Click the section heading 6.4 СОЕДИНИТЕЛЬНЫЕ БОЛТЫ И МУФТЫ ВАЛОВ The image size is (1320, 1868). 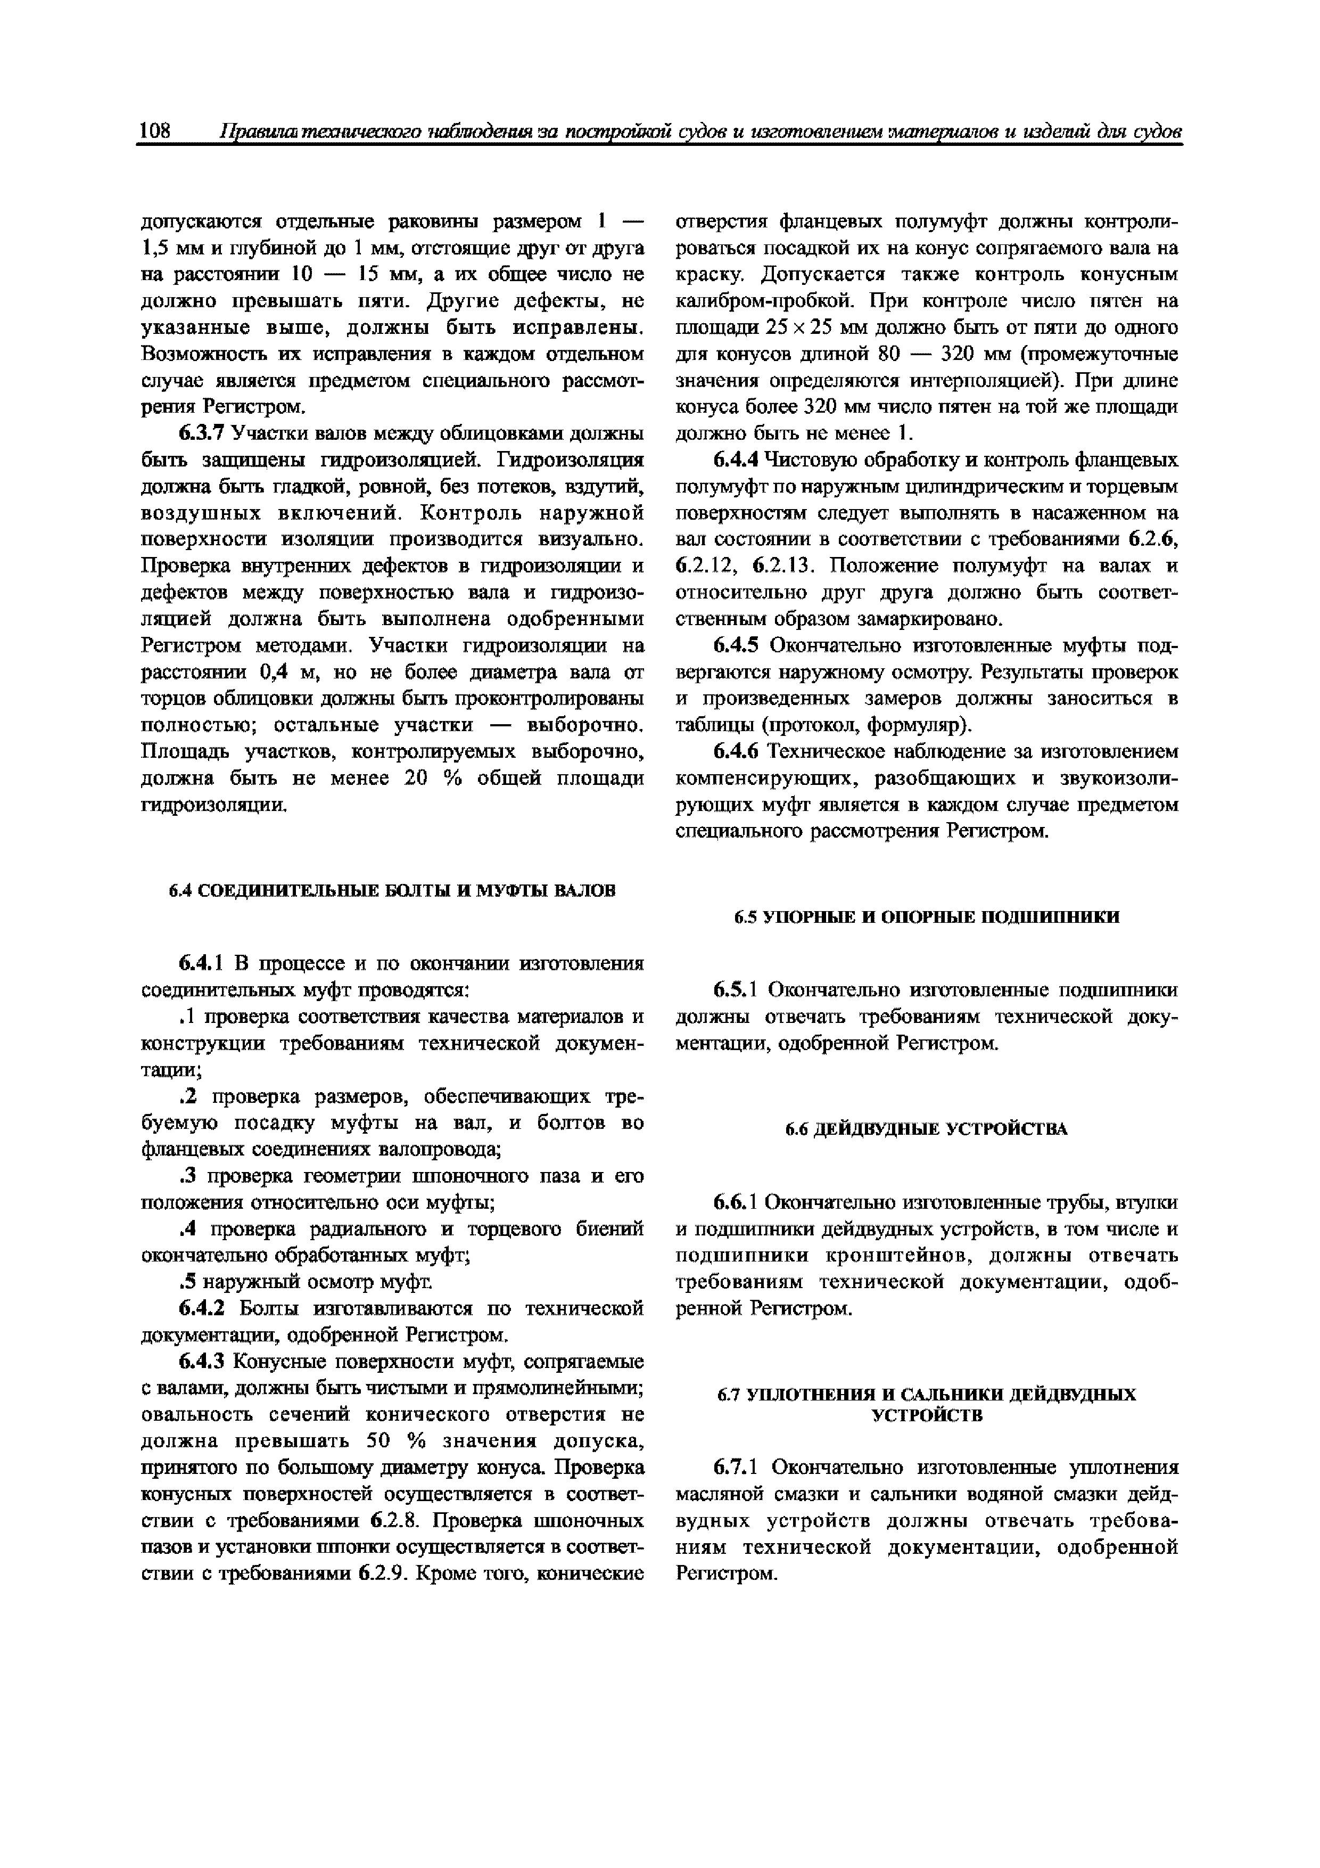click(x=392, y=890)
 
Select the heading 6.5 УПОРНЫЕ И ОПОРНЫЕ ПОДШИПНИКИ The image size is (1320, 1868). click(x=927, y=917)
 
